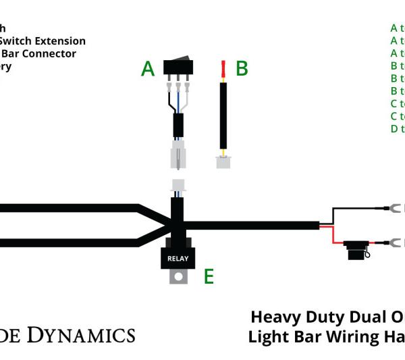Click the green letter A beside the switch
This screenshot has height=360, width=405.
point(148,69)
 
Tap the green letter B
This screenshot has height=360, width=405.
point(242,69)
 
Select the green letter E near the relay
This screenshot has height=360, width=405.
point(209,276)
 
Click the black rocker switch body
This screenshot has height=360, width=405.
point(179,67)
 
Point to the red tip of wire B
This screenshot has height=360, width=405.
point(223,68)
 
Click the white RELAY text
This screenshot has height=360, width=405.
point(178,258)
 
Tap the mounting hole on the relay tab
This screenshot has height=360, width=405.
point(178,276)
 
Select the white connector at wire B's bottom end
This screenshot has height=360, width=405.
point(222,162)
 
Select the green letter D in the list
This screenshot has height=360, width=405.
point(394,128)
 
